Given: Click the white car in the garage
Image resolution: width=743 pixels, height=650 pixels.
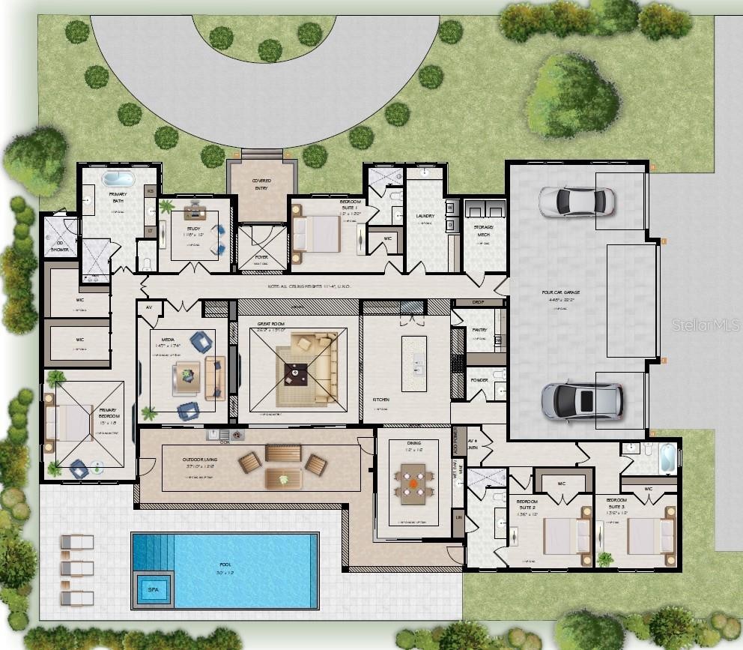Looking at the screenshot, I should (x=577, y=201).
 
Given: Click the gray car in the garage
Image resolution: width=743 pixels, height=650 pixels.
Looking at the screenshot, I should (x=582, y=400).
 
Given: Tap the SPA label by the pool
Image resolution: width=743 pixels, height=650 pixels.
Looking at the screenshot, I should (x=153, y=590).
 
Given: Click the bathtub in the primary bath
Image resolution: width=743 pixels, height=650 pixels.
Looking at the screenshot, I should (x=118, y=179).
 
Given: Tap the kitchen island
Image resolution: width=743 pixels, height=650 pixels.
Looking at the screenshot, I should (x=414, y=364).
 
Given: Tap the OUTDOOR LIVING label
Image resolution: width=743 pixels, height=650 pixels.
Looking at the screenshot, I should (x=200, y=460).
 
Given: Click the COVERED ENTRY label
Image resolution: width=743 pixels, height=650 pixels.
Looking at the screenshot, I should (x=261, y=184).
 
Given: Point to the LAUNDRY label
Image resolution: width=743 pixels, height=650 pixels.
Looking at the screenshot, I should (x=425, y=216).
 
